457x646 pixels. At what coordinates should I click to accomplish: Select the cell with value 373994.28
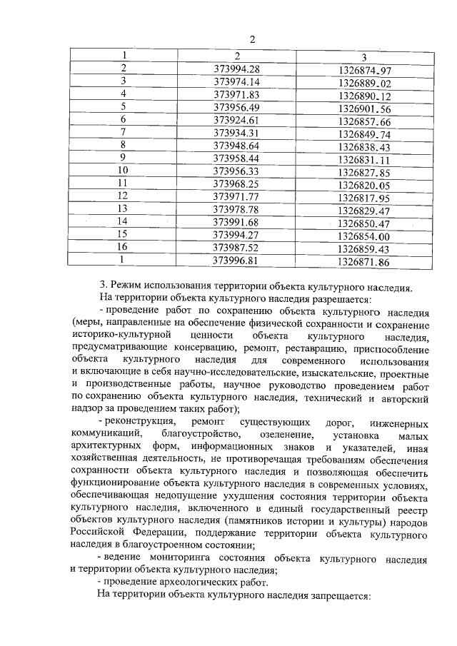tap(236, 69)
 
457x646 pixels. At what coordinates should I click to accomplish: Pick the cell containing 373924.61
tap(236, 119)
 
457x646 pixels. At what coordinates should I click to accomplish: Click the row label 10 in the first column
tap(122, 171)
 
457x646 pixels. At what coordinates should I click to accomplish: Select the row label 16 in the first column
tap(122, 248)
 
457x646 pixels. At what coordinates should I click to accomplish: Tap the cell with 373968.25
tap(236, 183)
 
